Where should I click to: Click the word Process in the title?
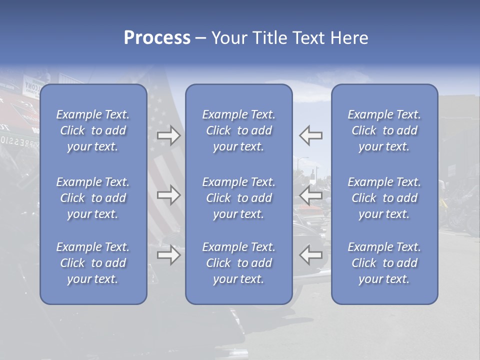(157, 38)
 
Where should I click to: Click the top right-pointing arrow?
(169, 135)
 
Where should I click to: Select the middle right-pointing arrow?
(169, 195)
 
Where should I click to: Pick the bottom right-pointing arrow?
(169, 255)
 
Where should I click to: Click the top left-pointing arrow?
(311, 135)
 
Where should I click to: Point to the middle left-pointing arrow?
(311, 195)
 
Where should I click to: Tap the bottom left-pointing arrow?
(311, 255)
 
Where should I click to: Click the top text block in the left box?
(93, 130)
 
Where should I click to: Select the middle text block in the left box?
(93, 198)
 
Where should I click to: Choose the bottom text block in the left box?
(93, 263)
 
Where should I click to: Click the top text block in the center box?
(239, 130)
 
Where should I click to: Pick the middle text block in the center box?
(239, 198)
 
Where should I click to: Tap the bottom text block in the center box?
(239, 263)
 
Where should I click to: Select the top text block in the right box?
(384, 130)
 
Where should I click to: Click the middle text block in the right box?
(384, 198)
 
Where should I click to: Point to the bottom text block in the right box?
(384, 263)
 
